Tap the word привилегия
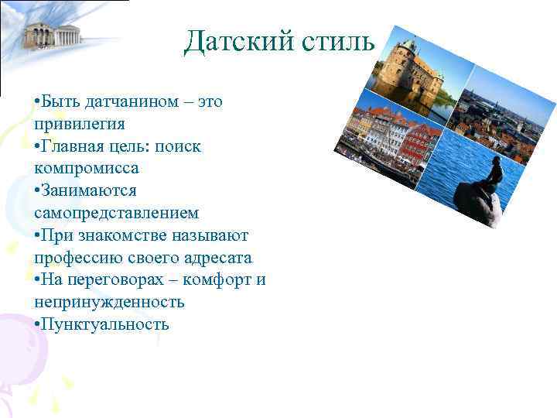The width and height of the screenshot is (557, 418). click(80, 124)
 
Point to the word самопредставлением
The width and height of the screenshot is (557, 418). click(117, 212)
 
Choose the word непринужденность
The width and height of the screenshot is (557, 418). click(109, 301)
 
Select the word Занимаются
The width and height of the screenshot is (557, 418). click(89, 190)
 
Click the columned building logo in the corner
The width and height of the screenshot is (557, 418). click(52, 33)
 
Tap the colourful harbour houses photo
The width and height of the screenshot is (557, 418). click(387, 139)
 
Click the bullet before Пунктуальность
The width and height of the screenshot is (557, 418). click(37, 324)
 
